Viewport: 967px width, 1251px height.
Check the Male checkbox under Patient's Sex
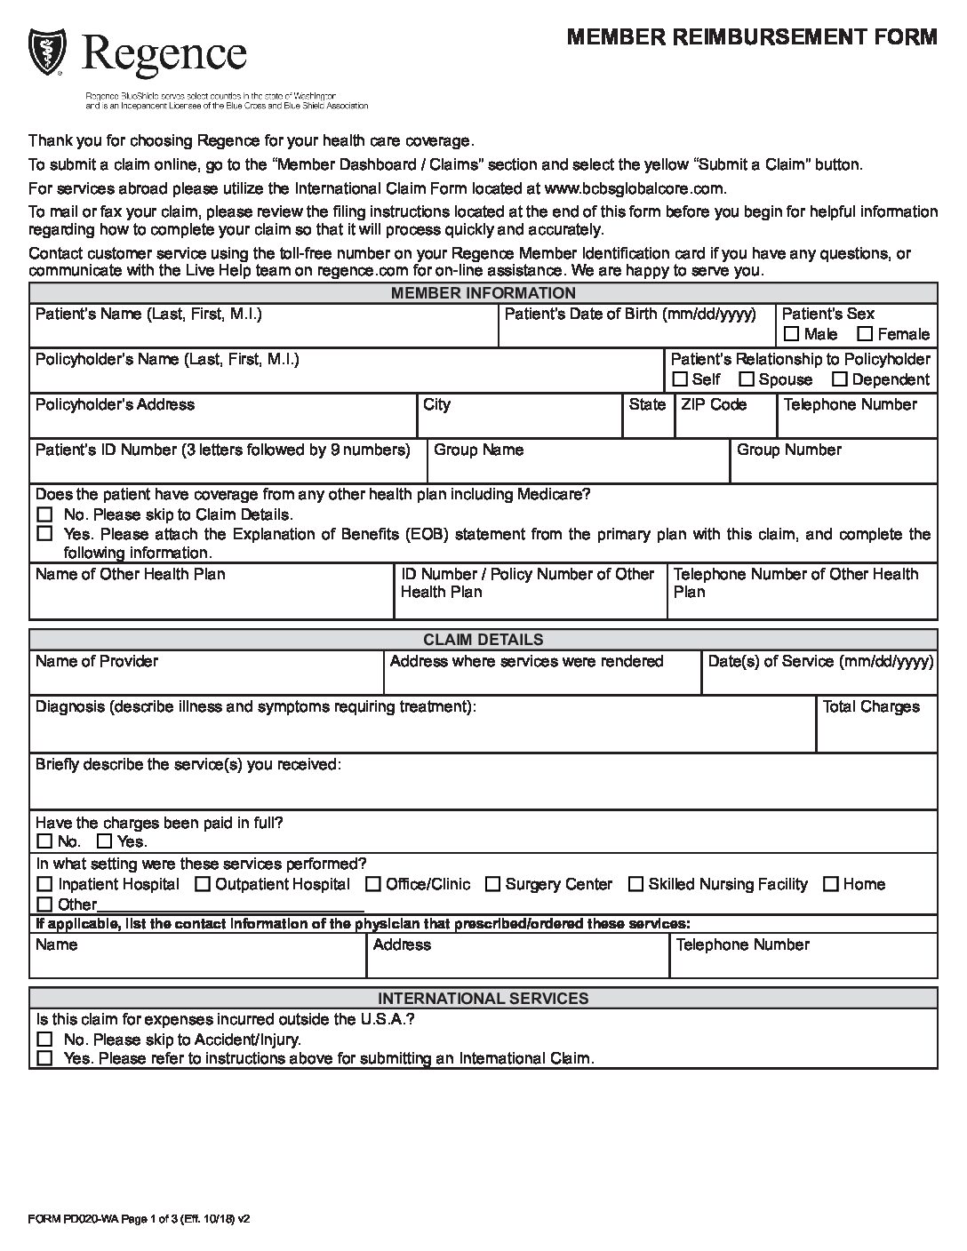(x=791, y=335)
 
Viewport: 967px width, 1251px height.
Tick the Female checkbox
(x=864, y=335)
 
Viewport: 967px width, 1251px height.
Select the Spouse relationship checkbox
(x=747, y=379)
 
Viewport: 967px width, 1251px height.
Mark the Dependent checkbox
(x=839, y=379)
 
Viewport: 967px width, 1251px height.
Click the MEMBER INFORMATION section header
(x=483, y=293)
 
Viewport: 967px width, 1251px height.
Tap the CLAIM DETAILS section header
(x=483, y=640)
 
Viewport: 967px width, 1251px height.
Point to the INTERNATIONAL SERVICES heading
(x=483, y=999)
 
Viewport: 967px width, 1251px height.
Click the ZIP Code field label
(x=714, y=405)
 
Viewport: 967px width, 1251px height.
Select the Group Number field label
(x=788, y=450)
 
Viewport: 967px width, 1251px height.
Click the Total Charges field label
(x=871, y=707)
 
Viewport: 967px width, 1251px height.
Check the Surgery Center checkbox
(x=491, y=884)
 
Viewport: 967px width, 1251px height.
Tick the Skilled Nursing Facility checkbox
(x=635, y=884)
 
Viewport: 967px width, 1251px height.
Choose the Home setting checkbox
(x=831, y=884)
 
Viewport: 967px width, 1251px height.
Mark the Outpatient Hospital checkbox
(x=203, y=884)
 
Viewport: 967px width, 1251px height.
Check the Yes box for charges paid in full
(x=105, y=841)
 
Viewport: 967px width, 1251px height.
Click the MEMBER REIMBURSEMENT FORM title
(x=751, y=36)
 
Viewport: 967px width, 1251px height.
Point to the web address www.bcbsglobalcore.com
(x=634, y=188)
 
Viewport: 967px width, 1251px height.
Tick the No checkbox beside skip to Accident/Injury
(x=44, y=1040)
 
